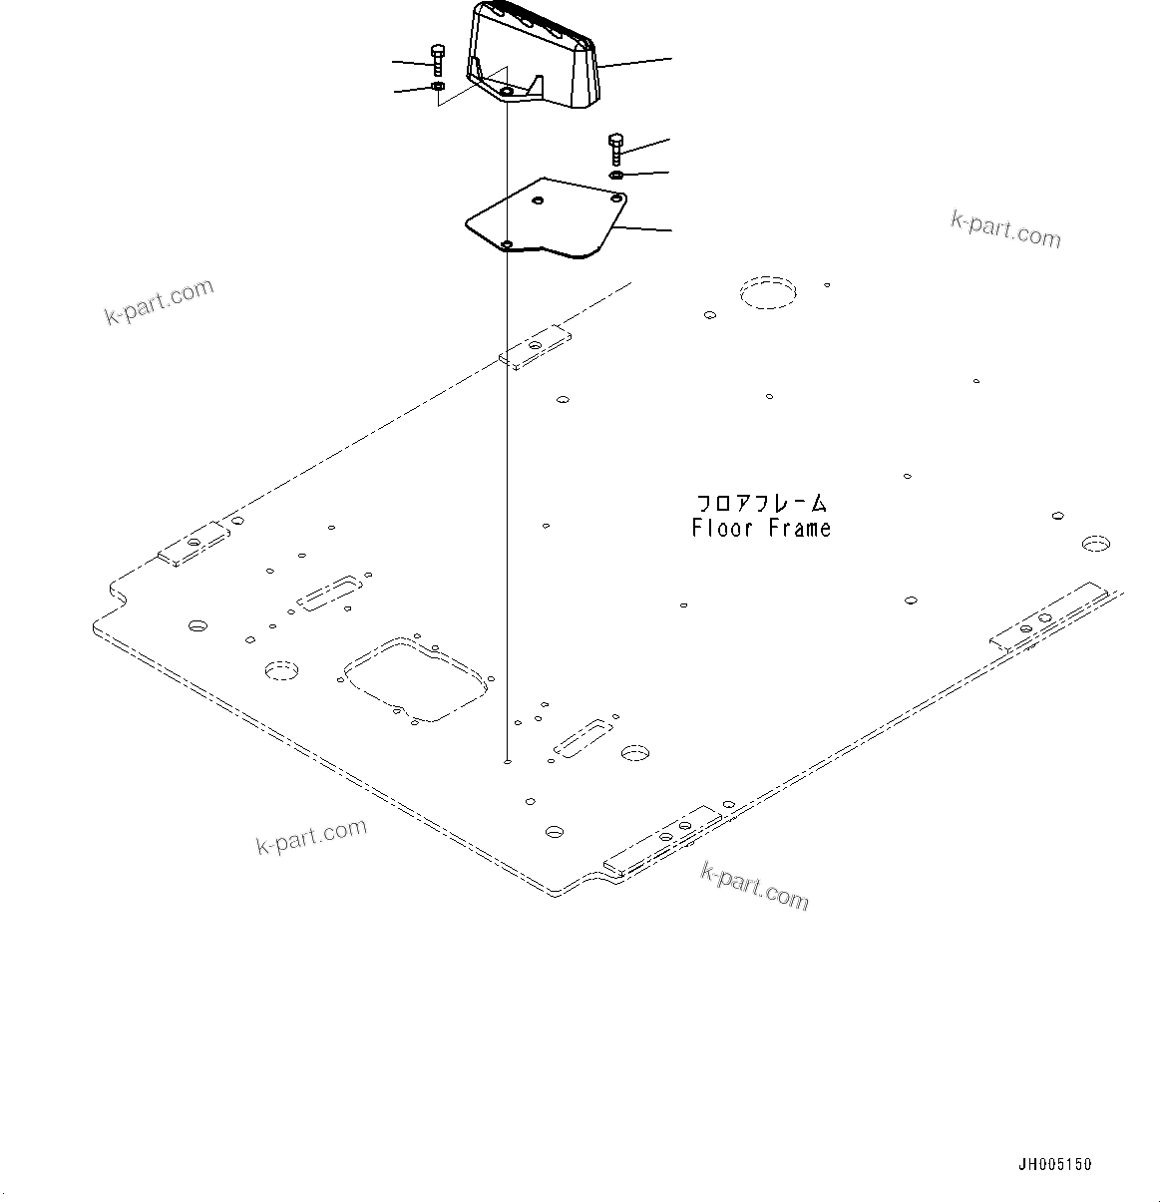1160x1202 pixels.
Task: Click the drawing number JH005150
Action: (1054, 1164)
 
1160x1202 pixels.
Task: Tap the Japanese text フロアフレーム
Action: (761, 505)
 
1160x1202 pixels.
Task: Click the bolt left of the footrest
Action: (437, 60)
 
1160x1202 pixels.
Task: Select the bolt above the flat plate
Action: (614, 150)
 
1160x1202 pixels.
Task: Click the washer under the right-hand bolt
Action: (616, 176)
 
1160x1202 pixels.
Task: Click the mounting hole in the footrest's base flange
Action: (507, 92)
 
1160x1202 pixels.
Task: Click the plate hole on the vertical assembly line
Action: (507, 244)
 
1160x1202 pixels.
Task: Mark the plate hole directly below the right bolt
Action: (617, 200)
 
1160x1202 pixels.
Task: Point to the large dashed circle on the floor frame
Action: (768, 291)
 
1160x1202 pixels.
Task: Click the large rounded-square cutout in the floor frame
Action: (413, 678)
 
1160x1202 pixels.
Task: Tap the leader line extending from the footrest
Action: (633, 62)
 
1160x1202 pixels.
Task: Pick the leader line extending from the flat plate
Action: (643, 229)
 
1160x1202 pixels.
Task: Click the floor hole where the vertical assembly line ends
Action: (508, 761)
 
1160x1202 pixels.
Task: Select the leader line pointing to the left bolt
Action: (411, 63)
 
